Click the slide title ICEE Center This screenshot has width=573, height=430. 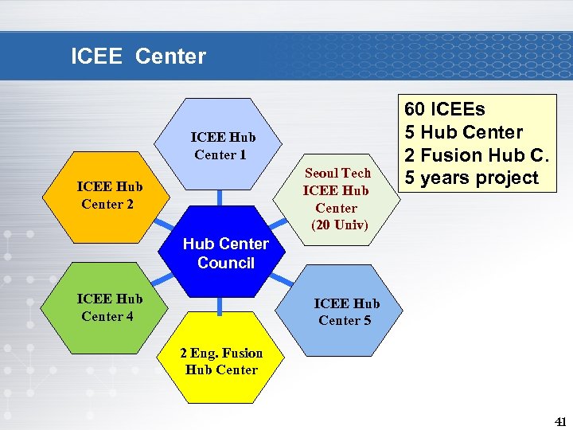pos(138,57)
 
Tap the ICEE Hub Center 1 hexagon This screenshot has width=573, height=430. pos(223,143)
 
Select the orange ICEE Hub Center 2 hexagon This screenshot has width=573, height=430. pos(110,196)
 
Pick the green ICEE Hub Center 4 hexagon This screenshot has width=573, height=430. pos(110,307)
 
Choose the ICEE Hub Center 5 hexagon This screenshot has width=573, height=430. pos(346,311)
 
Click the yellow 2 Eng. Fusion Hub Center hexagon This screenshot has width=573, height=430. pos(222,361)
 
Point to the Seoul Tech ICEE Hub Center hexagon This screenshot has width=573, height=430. pos(337,199)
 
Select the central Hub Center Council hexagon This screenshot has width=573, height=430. pos(226,253)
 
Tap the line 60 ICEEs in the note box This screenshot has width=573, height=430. pos(445,108)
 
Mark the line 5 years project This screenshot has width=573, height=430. pos(471,178)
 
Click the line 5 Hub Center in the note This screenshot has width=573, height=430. pos(463,131)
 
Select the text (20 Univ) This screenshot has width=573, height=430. pos(340,225)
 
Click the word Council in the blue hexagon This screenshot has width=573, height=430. pos(226,263)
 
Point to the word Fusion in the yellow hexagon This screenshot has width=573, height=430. pos(242,353)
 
